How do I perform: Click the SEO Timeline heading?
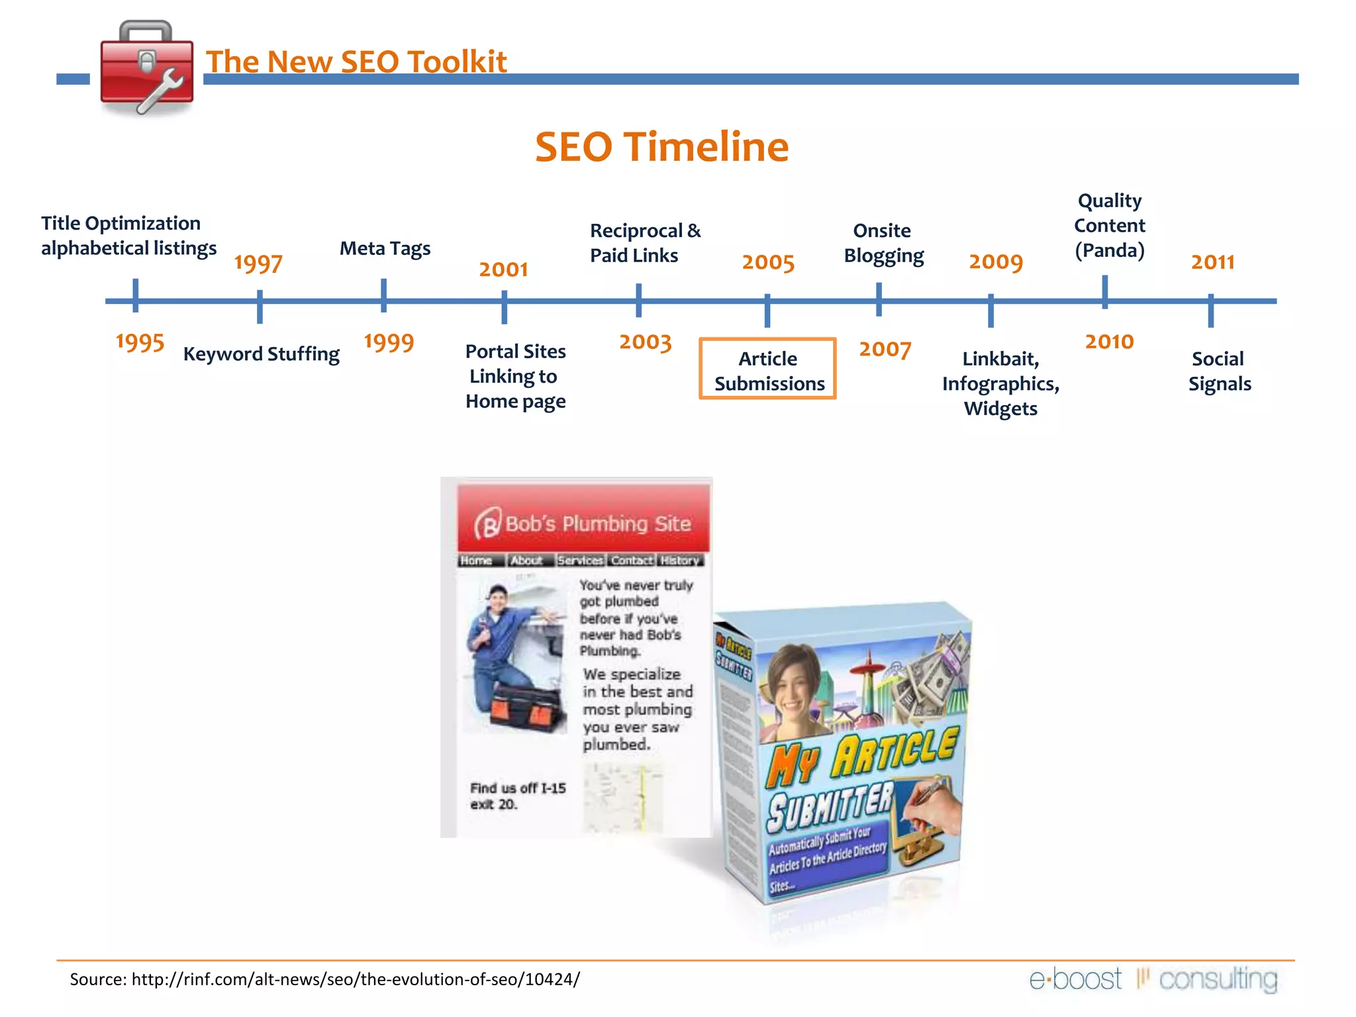661,146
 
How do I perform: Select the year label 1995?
140,342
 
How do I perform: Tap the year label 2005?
768,262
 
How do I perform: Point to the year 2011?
1212,262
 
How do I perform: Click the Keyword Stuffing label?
261,354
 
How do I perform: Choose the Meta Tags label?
385,248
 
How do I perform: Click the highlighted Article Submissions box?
768,369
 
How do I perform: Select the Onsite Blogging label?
883,243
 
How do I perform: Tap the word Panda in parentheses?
1110,251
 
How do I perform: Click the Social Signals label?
1219,371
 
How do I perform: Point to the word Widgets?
1000,409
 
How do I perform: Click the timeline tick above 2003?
638,299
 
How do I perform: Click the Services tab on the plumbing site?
580,561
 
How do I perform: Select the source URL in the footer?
356,979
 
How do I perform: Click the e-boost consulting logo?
1153,979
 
